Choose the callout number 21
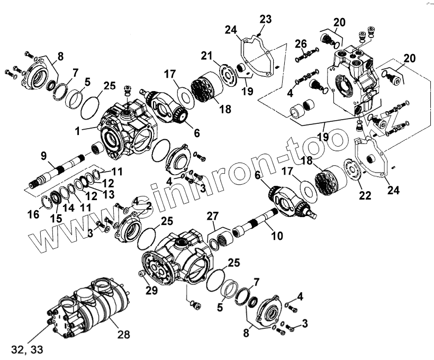pyautogui.click(x=207, y=56)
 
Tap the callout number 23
pyautogui.click(x=266, y=19)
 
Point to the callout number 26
pyautogui.click(x=301, y=43)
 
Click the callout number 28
pyautogui.click(x=124, y=335)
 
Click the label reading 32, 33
pyautogui.click(x=30, y=349)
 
